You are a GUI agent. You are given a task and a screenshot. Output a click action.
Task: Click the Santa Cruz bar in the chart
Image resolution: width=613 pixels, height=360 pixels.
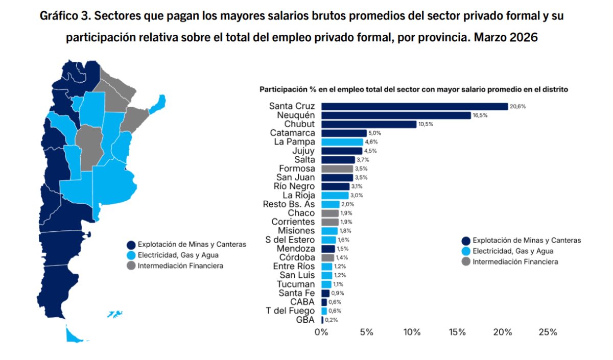(415, 106)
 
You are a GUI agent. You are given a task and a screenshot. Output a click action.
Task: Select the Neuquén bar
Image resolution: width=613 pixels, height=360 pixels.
(396, 115)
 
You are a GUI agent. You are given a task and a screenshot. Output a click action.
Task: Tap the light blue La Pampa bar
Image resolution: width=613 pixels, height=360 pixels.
(342, 142)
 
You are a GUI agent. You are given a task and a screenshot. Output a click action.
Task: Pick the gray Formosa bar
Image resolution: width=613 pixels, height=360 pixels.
(337, 169)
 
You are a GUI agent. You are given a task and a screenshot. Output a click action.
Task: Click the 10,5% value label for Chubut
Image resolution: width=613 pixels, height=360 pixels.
(426, 124)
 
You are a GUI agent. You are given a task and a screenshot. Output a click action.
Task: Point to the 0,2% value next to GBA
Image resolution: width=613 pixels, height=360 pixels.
(331, 320)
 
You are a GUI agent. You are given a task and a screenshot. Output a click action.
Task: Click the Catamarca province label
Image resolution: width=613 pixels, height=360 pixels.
(293, 133)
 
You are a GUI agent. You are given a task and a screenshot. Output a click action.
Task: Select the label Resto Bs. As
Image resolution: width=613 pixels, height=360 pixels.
(289, 204)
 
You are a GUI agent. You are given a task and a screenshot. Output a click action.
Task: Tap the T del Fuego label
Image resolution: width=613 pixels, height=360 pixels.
(290, 311)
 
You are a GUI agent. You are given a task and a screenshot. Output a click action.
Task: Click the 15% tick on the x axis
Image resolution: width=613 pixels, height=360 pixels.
(457, 332)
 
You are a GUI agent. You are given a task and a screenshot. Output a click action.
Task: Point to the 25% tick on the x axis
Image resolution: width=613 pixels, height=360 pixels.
(548, 332)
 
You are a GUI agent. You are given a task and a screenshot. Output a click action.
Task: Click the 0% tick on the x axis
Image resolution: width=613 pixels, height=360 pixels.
(321, 332)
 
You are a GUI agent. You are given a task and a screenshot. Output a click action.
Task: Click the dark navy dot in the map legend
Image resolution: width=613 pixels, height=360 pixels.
(131, 245)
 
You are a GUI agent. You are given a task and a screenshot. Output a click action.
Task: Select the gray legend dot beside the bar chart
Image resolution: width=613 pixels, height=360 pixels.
(466, 262)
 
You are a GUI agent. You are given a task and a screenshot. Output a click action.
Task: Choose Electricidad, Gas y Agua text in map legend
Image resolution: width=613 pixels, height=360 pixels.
(178, 255)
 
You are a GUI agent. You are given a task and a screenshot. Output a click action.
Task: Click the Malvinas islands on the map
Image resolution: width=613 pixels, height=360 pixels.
(115, 315)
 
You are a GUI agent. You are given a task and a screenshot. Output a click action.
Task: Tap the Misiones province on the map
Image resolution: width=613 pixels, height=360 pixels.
(158, 104)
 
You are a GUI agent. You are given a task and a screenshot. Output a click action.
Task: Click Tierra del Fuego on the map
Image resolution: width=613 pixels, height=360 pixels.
(73, 335)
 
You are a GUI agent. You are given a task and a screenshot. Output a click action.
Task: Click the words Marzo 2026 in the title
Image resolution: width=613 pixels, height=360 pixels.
(506, 37)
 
